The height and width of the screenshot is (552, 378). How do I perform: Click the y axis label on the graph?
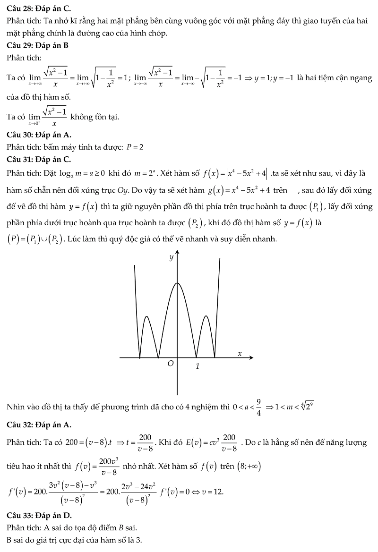[171, 257]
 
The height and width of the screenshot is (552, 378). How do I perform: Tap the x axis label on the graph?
[240, 353]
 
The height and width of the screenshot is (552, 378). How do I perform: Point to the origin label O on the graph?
[171, 364]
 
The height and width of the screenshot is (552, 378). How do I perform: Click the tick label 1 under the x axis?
[198, 366]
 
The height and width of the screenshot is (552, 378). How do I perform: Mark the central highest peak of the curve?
[177, 283]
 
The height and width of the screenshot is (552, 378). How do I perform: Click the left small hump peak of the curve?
[147, 316]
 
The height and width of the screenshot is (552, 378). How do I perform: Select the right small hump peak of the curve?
[207, 316]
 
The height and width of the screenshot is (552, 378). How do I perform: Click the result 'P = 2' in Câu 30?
[135, 147]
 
